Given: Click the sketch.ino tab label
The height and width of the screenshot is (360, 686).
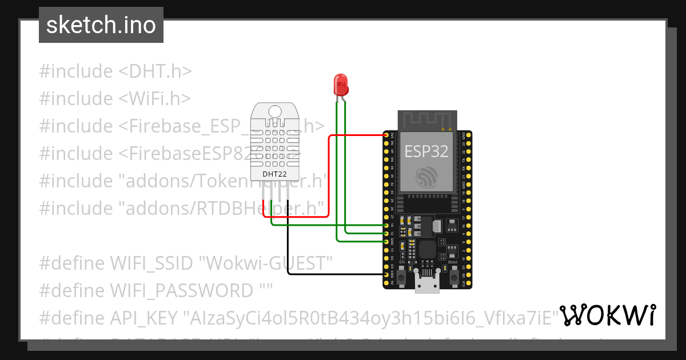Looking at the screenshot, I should [x=101, y=25].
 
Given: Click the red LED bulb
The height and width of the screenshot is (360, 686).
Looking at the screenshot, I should [x=341, y=85].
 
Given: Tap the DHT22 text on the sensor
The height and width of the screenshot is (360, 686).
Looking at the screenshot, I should [x=274, y=174].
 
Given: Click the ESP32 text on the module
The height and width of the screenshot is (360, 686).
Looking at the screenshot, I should [x=426, y=151].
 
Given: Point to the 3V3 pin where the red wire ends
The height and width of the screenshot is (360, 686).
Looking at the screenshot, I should [x=386, y=135].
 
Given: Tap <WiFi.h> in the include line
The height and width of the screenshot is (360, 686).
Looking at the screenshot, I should [x=154, y=98].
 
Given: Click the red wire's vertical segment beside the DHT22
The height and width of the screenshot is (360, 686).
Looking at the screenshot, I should [x=329, y=177].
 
